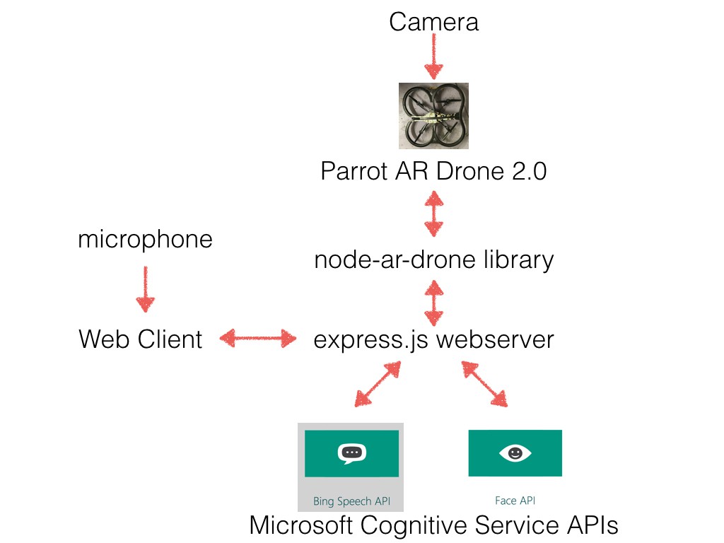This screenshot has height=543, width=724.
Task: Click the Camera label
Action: tap(433, 22)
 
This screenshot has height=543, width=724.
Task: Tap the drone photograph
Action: tap(433, 115)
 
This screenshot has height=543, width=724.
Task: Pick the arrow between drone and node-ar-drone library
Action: tap(433, 216)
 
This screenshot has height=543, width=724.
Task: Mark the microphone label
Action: tap(145, 239)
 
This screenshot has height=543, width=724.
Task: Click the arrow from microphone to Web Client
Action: tap(145, 289)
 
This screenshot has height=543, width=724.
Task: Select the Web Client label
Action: tap(140, 340)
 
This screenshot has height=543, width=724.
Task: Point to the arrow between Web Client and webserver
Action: tap(258, 339)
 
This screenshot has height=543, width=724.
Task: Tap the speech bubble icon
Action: tap(351, 453)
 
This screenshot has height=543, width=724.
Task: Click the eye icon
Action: tap(515, 453)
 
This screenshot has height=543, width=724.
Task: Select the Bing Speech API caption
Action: tap(351, 501)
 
